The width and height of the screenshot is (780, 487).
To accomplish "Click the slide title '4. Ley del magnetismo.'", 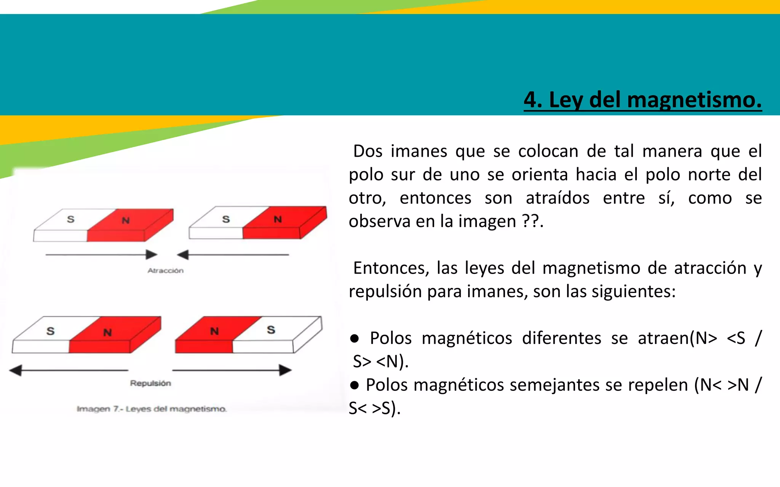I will pos(643,100).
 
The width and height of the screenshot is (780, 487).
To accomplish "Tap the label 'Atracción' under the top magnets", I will pos(166,271).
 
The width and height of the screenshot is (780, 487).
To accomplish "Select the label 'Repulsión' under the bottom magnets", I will pos(150,383).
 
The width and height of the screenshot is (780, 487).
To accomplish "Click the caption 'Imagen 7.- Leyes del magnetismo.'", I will pos(152,409).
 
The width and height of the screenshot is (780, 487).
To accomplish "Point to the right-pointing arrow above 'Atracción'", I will pos(101,255).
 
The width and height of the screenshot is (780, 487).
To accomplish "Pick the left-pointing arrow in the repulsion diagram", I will pos(69,370).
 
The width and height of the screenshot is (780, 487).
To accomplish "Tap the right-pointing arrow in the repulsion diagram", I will pos(232,370).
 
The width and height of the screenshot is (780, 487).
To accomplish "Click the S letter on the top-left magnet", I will pos(71,219).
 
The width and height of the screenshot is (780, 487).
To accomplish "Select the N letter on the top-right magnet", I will pos(278,219).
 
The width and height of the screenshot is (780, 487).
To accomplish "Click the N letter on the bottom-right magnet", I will pos(214,331).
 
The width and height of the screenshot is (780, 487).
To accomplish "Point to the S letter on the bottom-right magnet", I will pos(271,330).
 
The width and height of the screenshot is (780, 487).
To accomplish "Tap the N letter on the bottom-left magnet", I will pos(107,333).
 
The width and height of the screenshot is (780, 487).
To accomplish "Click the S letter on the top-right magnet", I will pos(226,219).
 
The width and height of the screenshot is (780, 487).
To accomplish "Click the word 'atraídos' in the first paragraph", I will pos(558,198).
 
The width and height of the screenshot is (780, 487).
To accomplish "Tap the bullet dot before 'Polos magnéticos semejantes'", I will pos(355,385).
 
